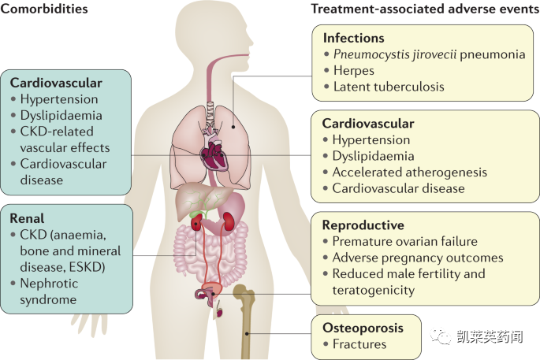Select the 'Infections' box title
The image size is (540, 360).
354,38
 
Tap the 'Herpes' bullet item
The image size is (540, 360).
353,70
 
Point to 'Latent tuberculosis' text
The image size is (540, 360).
389,87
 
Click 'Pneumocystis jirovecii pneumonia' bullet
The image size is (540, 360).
429,54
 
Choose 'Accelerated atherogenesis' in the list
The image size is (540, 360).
409,172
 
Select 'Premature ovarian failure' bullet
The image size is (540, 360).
404,242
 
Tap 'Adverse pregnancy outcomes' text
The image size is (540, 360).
417,258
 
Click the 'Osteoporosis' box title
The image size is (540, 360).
363,327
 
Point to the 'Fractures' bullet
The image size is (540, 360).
359,343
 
